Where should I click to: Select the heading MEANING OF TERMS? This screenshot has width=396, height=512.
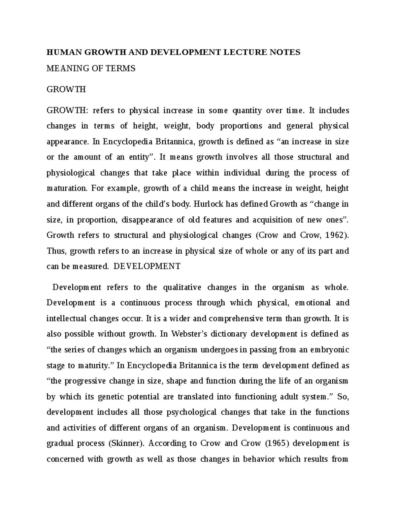click(x=91, y=69)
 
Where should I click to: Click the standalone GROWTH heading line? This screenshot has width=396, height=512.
click(x=66, y=89)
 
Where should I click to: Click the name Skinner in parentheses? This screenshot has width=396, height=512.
click(x=126, y=443)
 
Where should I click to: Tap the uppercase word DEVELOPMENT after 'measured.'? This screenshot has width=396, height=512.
click(x=147, y=266)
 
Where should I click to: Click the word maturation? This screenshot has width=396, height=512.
click(x=66, y=188)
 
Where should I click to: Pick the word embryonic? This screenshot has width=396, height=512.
click(x=329, y=349)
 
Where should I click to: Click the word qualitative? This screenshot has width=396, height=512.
click(x=182, y=287)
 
